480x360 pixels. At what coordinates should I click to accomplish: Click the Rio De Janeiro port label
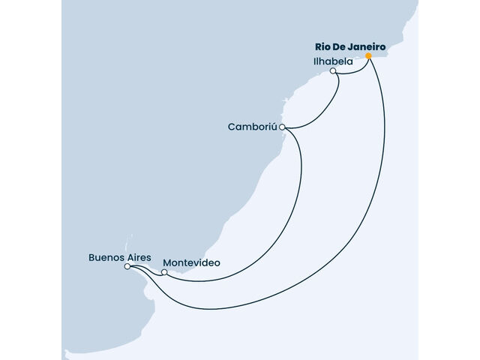pos(350,47)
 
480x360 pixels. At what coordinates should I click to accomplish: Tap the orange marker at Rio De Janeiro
pos(368,55)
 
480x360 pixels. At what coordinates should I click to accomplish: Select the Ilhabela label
pos(333,61)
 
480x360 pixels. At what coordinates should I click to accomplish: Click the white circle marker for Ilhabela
pos(333,70)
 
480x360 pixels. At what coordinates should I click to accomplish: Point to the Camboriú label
pos(253,127)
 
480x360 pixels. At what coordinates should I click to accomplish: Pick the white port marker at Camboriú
pos(282,127)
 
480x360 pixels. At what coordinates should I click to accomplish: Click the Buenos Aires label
pos(120,257)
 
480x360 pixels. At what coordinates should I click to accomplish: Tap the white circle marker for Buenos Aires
pos(127,266)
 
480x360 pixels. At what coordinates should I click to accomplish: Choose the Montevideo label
pos(192,263)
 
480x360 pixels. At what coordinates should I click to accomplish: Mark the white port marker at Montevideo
pos(164,272)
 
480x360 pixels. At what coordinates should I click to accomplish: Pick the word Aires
pos(139,257)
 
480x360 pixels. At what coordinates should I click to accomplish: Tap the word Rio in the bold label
pos(322,47)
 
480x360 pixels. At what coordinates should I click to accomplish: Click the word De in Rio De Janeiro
pos(338,47)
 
